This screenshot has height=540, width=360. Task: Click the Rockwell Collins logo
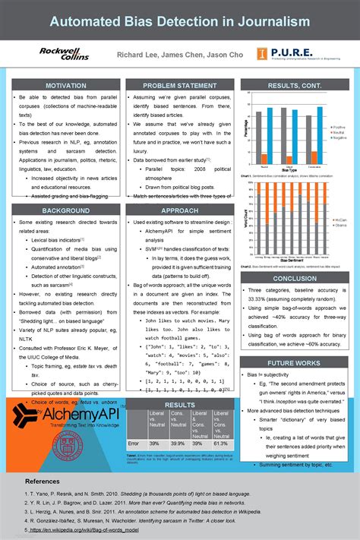click(x=64, y=53)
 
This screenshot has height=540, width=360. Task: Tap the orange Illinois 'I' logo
click(x=261, y=53)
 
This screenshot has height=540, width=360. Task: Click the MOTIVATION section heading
click(x=65, y=86)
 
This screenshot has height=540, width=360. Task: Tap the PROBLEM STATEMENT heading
click(x=179, y=86)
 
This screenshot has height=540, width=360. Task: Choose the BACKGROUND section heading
click(x=65, y=210)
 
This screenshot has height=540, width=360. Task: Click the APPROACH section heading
click(x=179, y=210)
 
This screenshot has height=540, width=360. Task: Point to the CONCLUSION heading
click(x=294, y=279)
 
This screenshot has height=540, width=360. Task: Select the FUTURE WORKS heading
click(x=294, y=363)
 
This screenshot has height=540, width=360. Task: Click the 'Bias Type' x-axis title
click(x=289, y=169)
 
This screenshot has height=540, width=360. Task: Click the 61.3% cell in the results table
click(x=220, y=443)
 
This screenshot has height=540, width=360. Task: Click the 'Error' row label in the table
click(x=134, y=443)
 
